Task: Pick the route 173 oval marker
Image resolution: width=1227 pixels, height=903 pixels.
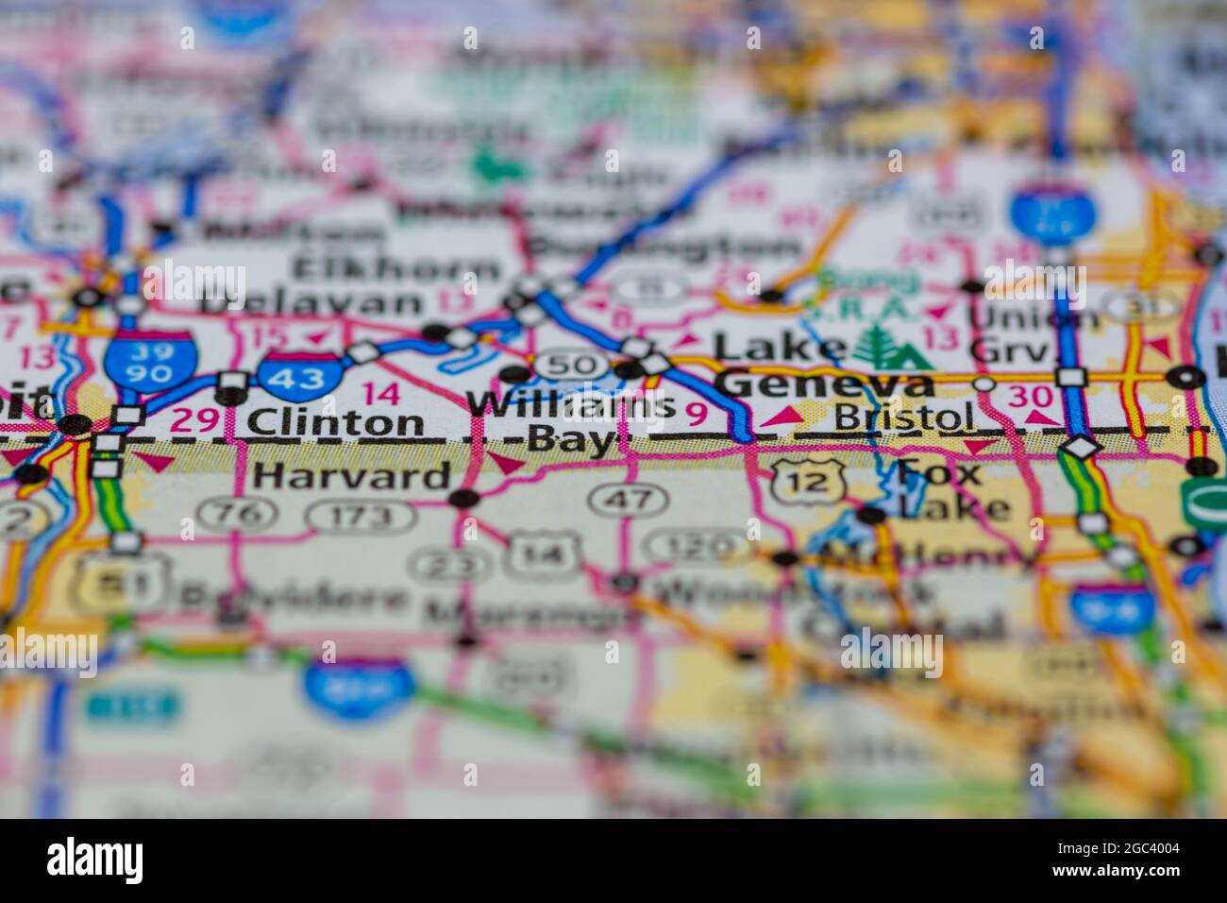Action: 361,516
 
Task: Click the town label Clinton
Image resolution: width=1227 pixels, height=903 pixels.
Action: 336,422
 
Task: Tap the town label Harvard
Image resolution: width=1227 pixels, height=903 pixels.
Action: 351,475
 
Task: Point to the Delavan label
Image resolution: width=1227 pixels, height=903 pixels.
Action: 311,303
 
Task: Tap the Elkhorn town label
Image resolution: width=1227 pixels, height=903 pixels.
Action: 395,267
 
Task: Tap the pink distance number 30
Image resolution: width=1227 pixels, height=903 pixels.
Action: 1028,397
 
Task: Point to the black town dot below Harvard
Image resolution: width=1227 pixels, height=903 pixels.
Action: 463,498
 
